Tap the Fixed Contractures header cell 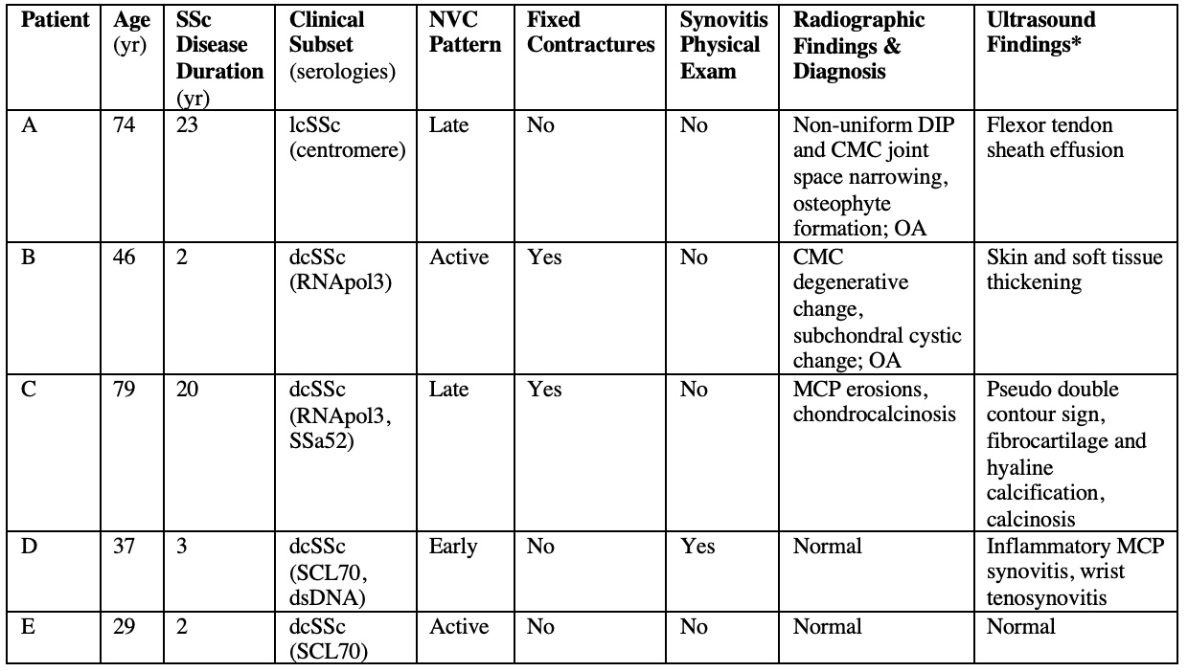coord(590,33)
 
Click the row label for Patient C coord(29,391)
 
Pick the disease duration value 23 coord(187,125)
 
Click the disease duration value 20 coord(188,391)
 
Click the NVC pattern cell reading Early coord(466,548)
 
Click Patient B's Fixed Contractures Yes coord(544,258)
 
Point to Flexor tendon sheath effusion coord(1054,138)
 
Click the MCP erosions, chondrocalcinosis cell coord(872,402)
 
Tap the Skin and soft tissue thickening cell coord(1074,270)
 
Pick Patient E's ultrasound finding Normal coord(1020,628)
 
